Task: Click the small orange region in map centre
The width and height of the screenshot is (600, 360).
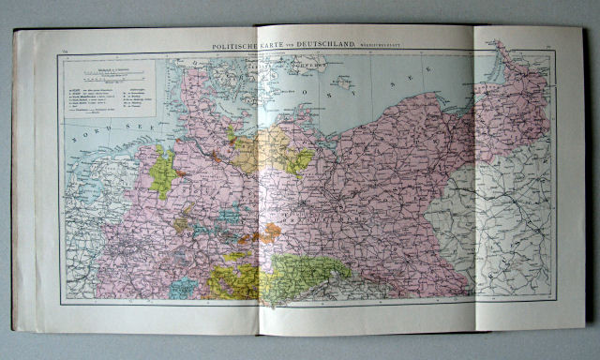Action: [x=272, y=230]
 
